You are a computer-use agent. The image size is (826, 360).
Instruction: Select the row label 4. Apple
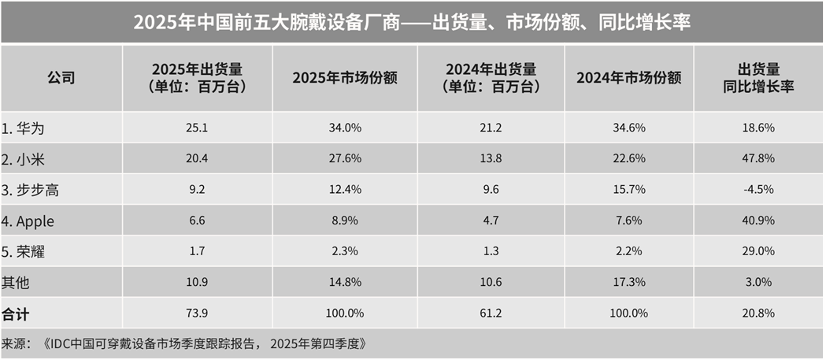(x=32, y=221)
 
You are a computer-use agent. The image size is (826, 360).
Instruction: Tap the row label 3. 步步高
(x=32, y=190)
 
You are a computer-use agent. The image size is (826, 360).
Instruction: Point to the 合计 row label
(x=15, y=313)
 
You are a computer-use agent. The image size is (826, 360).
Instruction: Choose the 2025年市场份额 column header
(x=344, y=78)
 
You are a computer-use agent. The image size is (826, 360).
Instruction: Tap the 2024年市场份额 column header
(x=628, y=78)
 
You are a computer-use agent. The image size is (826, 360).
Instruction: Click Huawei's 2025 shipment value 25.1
(x=197, y=128)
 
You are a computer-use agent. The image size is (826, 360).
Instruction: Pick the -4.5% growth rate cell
(x=759, y=190)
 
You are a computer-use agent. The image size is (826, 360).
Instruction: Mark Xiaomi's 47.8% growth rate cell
(x=759, y=158)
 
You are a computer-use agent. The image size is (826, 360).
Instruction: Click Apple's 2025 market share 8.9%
(x=344, y=221)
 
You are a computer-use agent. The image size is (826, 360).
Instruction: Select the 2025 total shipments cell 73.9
(x=197, y=313)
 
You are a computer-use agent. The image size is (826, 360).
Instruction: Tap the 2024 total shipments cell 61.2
(x=485, y=313)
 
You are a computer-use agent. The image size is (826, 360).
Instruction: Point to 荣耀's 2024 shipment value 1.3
(x=485, y=251)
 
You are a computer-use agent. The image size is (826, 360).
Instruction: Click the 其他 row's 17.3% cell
(x=628, y=282)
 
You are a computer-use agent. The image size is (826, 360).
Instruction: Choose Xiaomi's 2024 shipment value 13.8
(x=485, y=158)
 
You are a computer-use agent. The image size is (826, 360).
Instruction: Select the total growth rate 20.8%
(x=759, y=313)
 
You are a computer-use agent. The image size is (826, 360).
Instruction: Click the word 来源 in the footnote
(x=15, y=343)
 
